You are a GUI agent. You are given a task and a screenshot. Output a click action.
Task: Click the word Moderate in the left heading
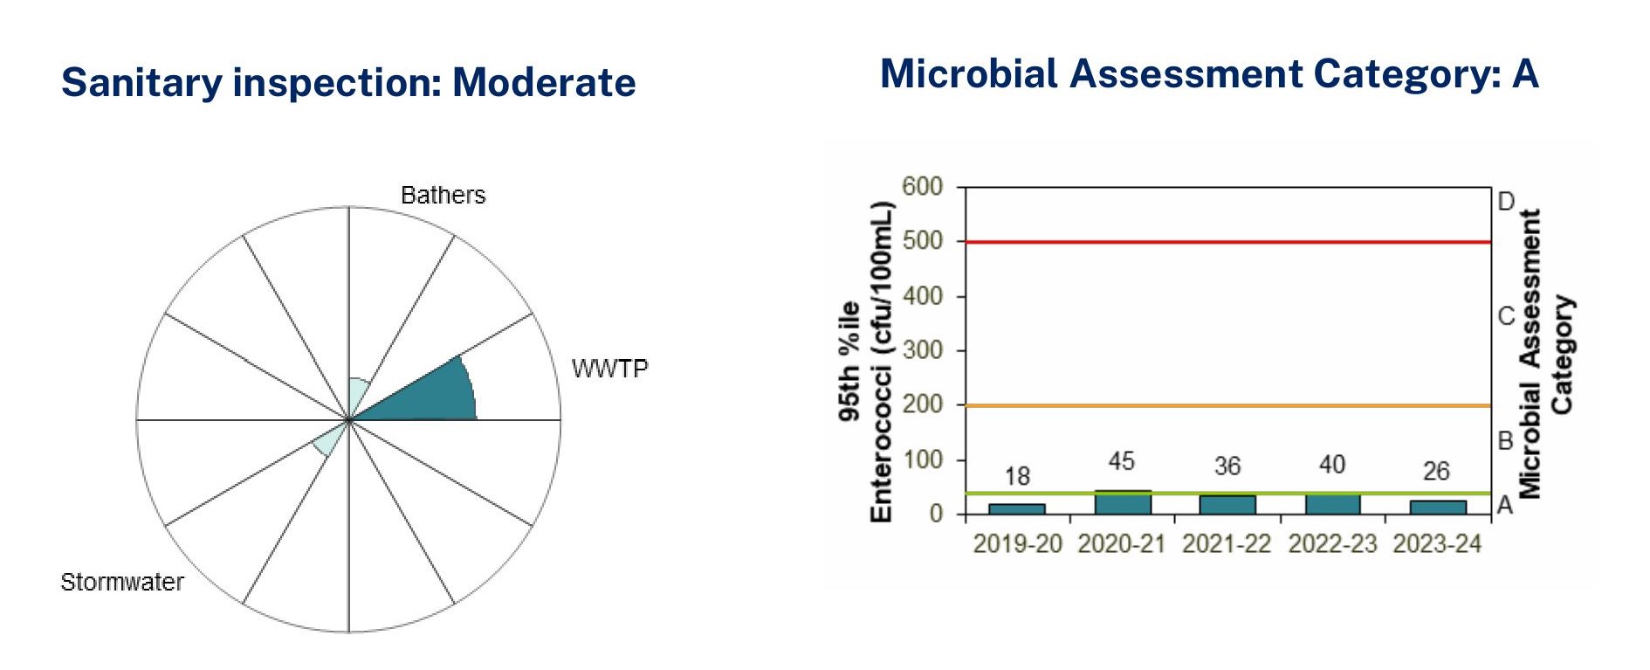(x=544, y=83)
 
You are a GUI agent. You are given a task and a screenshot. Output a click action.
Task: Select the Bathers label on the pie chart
(x=443, y=195)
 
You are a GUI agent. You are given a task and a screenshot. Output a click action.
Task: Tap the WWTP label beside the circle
(x=609, y=369)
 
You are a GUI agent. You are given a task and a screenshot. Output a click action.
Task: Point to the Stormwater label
(x=122, y=582)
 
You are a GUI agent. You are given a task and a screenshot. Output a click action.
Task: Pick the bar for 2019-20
(x=1017, y=508)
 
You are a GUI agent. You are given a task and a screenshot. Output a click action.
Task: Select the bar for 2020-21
(x=1123, y=502)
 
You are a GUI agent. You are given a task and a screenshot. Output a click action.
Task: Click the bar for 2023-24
(x=1437, y=507)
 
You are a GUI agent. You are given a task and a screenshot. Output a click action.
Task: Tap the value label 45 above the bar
(x=1122, y=461)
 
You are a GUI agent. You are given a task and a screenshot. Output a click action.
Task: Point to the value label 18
(x=1017, y=476)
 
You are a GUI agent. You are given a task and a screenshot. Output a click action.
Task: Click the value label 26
(x=1436, y=472)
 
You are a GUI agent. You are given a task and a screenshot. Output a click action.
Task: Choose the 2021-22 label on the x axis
(x=1227, y=543)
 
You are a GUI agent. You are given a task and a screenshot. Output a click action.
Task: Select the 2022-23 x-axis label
(x=1332, y=543)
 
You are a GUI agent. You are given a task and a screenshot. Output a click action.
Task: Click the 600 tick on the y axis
(x=923, y=186)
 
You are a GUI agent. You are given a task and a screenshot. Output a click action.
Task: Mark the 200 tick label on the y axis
(x=923, y=404)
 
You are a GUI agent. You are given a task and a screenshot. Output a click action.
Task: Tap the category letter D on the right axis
(x=1506, y=202)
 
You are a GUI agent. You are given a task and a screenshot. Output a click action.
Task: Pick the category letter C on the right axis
(x=1506, y=315)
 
